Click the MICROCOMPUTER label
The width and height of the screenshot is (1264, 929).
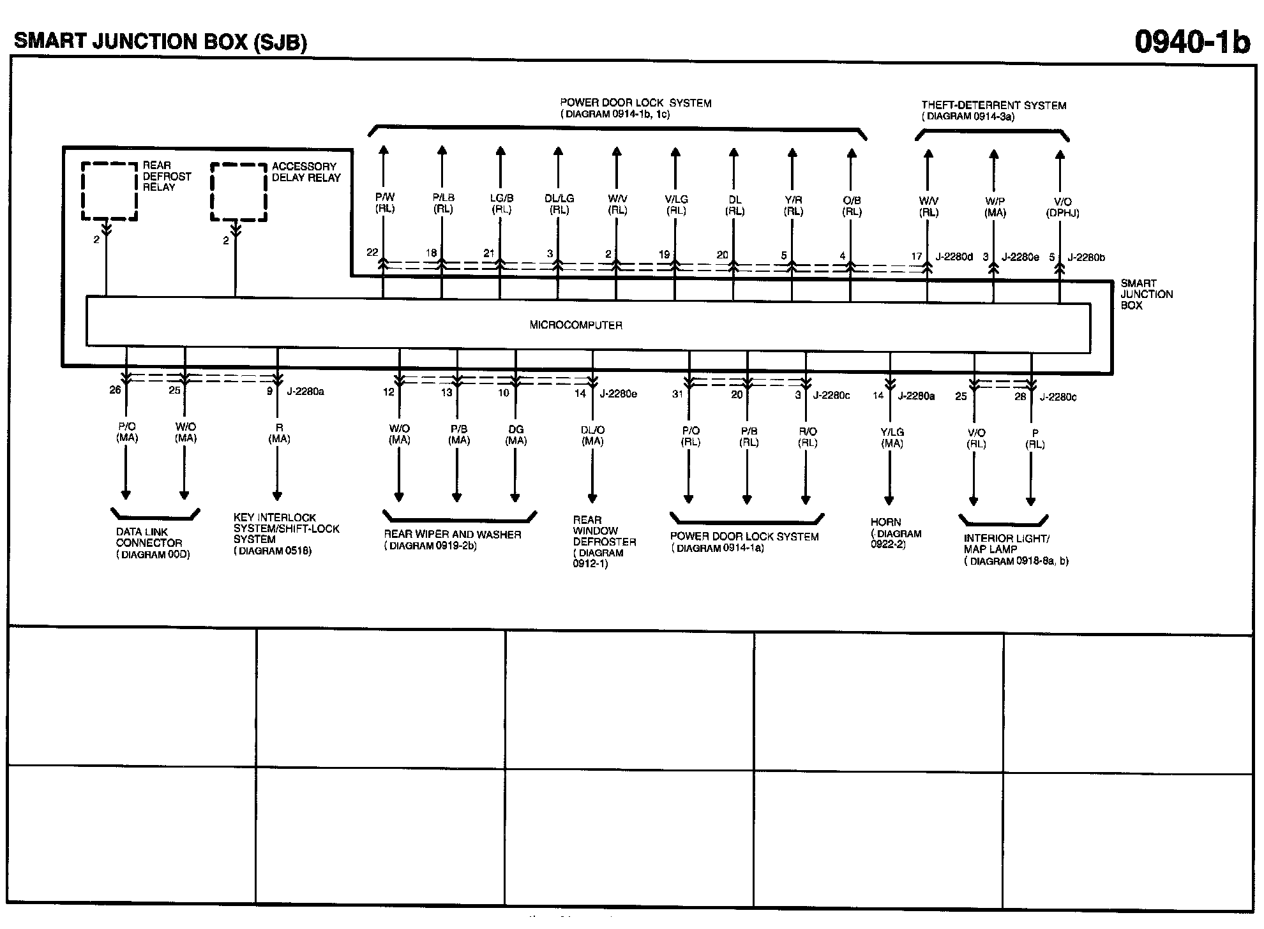(575, 325)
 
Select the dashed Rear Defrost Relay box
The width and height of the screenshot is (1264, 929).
(109, 191)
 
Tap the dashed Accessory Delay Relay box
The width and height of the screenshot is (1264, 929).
(238, 192)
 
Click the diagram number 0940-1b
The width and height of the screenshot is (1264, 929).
(1191, 42)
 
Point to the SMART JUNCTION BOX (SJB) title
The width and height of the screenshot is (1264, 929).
(160, 42)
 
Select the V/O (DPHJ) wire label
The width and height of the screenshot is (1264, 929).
(1062, 207)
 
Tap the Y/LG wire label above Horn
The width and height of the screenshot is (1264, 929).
(892, 432)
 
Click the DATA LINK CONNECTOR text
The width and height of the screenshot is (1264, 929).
(149, 537)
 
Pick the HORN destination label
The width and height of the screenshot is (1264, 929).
(885, 522)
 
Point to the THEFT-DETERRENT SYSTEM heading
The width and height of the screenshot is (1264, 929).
(993, 105)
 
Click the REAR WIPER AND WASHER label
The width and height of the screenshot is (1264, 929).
(452, 535)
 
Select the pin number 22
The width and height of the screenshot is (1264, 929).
(372, 253)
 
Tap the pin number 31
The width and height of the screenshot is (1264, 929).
(677, 394)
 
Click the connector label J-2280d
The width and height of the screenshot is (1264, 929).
(954, 256)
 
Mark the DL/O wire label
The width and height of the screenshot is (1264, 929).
(592, 431)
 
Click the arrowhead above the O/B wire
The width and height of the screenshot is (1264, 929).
(851, 153)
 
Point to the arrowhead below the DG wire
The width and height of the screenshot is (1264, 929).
(515, 498)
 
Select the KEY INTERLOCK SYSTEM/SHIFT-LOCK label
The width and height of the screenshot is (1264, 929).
(286, 528)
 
